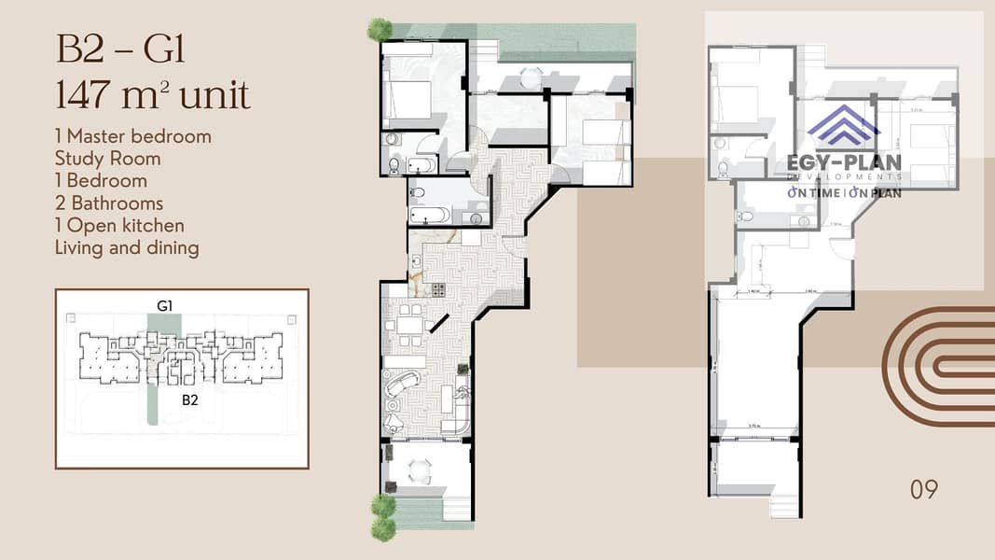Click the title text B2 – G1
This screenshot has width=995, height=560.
[121, 49]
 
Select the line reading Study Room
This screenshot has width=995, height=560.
[107, 159]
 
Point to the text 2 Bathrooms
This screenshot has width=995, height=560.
[109, 203]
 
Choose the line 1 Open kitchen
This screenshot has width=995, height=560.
[119, 226]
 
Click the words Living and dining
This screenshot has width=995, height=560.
[127, 248]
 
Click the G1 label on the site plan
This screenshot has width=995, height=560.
[164, 305]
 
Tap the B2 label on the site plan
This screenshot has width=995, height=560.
[190, 399]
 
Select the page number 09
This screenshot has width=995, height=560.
[923, 489]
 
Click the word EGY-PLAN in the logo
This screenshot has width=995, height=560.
[845, 162]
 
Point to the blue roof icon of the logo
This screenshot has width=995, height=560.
[843, 126]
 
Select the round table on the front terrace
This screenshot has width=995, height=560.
[421, 470]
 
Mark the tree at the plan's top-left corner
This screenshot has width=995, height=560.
[380, 29]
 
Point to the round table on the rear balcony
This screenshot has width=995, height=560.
[531, 78]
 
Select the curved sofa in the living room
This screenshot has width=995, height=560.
[402, 384]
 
